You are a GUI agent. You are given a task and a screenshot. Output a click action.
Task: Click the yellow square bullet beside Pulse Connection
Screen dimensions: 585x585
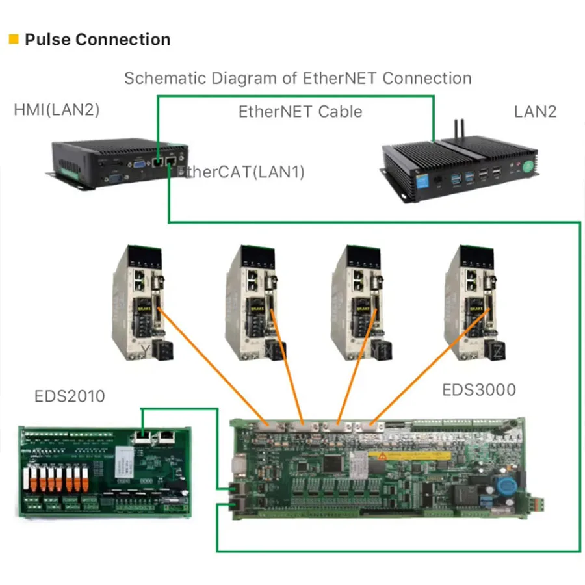click(14, 40)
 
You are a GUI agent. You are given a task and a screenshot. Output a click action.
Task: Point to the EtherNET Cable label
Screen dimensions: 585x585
click(300, 111)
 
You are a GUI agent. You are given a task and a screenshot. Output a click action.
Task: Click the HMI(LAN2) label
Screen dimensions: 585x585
click(57, 110)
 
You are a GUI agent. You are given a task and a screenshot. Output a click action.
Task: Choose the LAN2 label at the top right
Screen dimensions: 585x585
click(535, 111)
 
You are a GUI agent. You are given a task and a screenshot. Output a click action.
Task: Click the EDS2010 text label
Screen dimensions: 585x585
click(70, 396)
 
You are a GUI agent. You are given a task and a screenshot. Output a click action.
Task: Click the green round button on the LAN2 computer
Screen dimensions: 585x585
click(525, 167)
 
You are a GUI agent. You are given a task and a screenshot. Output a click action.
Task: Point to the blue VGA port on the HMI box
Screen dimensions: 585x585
click(138, 164)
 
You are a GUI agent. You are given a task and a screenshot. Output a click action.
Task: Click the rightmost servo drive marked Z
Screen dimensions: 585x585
click(474, 302)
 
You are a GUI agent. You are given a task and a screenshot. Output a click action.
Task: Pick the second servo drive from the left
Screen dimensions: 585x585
click(255, 302)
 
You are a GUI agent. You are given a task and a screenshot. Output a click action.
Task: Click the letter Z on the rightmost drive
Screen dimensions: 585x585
click(499, 352)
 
